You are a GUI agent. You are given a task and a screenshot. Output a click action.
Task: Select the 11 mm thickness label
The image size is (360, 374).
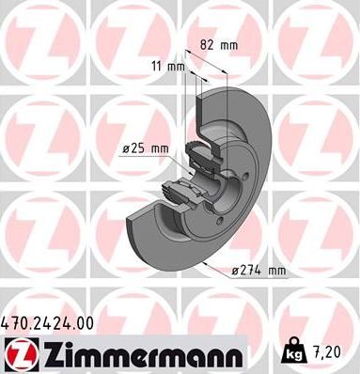pyautogui.click(x=166, y=67)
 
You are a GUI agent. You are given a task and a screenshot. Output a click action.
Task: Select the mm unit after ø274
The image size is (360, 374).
pyautogui.click(x=274, y=272)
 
